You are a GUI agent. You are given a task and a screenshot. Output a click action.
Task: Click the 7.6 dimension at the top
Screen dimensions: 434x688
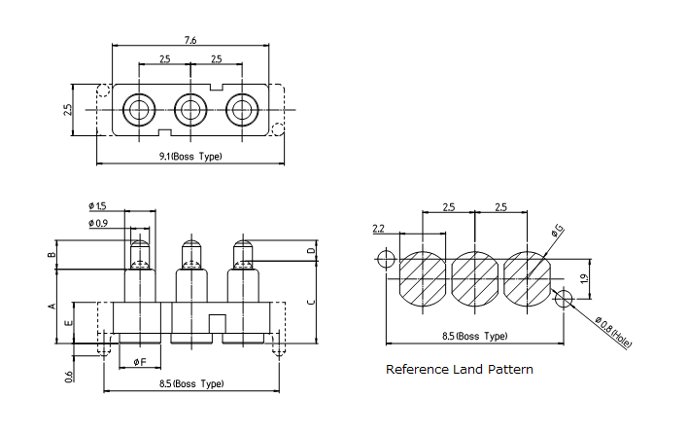(191, 40)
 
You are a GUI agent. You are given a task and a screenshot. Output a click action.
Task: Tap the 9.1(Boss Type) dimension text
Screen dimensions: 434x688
(190, 156)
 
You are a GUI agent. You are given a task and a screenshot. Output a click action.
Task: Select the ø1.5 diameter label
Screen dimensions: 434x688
(97, 205)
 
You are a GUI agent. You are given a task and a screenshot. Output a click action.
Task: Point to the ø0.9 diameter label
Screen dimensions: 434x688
(97, 224)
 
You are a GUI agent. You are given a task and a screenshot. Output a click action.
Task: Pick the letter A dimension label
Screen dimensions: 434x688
(52, 306)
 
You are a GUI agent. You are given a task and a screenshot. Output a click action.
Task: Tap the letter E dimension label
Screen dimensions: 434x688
(67, 322)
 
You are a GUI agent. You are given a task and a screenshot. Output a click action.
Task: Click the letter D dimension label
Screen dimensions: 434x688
(310, 251)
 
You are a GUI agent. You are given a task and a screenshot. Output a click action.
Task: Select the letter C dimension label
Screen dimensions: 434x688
(310, 302)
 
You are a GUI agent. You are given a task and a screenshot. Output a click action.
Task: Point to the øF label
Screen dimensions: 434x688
(140, 362)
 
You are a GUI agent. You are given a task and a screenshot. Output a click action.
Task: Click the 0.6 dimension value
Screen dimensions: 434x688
(69, 378)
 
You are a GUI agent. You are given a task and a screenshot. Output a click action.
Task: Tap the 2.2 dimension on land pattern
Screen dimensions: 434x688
(380, 229)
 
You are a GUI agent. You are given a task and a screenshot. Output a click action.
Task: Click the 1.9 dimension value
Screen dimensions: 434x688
(584, 279)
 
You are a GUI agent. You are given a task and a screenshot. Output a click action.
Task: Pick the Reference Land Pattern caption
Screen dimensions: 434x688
(459, 370)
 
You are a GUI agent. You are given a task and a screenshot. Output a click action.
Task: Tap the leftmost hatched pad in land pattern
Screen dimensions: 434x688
(422, 278)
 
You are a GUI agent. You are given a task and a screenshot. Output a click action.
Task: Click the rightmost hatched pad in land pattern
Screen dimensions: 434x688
(528, 278)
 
